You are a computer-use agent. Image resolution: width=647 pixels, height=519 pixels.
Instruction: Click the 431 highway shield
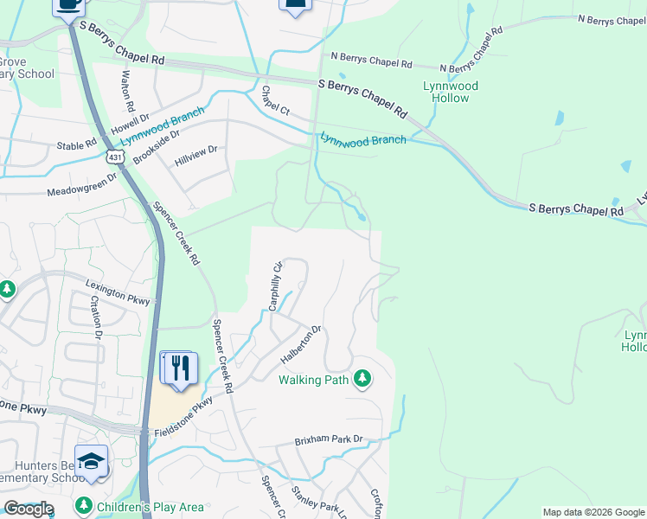click(x=115, y=156)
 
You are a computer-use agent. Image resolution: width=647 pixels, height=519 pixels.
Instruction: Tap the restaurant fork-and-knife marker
click(x=180, y=368)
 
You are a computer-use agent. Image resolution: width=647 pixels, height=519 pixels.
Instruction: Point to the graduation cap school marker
click(x=91, y=461)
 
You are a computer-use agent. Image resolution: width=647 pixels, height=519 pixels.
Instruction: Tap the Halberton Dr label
click(x=301, y=344)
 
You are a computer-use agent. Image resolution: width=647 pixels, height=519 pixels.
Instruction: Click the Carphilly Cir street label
click(x=276, y=286)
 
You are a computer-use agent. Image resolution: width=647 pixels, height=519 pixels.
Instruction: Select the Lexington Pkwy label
click(x=118, y=293)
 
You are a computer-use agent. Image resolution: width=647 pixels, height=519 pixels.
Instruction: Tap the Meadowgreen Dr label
click(x=82, y=184)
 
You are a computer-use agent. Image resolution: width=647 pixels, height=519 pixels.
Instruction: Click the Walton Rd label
click(x=127, y=90)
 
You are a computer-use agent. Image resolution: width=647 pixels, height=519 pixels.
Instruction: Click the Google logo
click(x=28, y=509)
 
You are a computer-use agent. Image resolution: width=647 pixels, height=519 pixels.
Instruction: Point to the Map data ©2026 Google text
click(x=593, y=512)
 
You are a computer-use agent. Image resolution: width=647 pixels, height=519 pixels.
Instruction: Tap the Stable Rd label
click(x=76, y=145)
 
